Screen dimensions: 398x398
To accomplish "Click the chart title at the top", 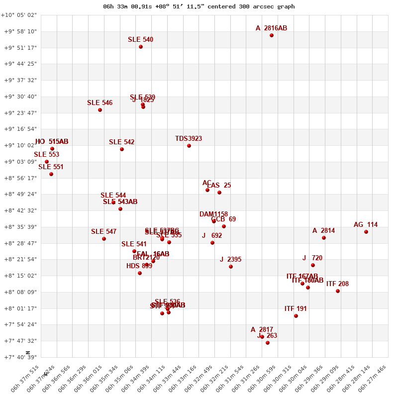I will point(199,6).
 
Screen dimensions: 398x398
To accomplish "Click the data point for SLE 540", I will point(141,47).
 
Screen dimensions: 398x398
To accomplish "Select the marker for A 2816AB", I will point(272,35).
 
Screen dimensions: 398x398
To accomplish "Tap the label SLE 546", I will point(99,103).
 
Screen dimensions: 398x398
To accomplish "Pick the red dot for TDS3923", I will point(189,146).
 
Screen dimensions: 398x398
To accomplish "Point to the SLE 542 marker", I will point(122,149).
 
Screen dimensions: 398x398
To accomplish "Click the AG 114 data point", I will point(366,232).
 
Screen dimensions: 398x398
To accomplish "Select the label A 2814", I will point(323,231).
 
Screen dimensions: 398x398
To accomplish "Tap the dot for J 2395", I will point(231,267).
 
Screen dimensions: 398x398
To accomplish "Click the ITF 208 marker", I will point(338,291).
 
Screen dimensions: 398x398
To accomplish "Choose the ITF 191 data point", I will point(296,316).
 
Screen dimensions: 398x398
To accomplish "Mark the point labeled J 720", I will point(313,265).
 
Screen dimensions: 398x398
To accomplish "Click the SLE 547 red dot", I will point(104,239).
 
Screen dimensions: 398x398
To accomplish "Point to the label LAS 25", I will point(219,186).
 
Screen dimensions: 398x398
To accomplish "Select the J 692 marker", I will point(212,243).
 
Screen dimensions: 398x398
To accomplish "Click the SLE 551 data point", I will point(51,174).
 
